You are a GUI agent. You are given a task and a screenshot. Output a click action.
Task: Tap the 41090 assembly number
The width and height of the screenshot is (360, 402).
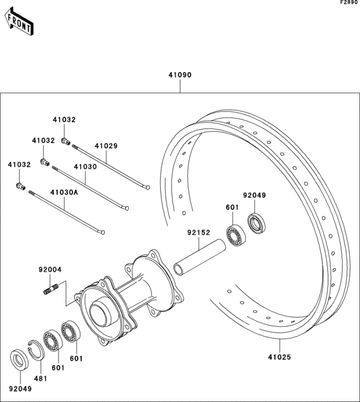(x=181, y=75)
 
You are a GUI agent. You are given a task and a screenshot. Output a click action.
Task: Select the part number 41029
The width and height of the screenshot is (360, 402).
(x=106, y=146)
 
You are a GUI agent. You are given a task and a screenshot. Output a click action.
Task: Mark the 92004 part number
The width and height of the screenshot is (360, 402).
(x=49, y=270)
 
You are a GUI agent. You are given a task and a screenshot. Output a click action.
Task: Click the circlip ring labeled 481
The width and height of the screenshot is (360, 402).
(x=37, y=347)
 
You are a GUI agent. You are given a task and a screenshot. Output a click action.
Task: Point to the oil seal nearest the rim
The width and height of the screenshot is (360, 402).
(x=256, y=223)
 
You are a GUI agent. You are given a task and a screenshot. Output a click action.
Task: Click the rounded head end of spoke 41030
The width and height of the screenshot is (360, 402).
(x=127, y=208)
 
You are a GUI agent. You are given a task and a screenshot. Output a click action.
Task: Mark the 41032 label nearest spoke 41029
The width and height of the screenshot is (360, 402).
(x=64, y=119)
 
